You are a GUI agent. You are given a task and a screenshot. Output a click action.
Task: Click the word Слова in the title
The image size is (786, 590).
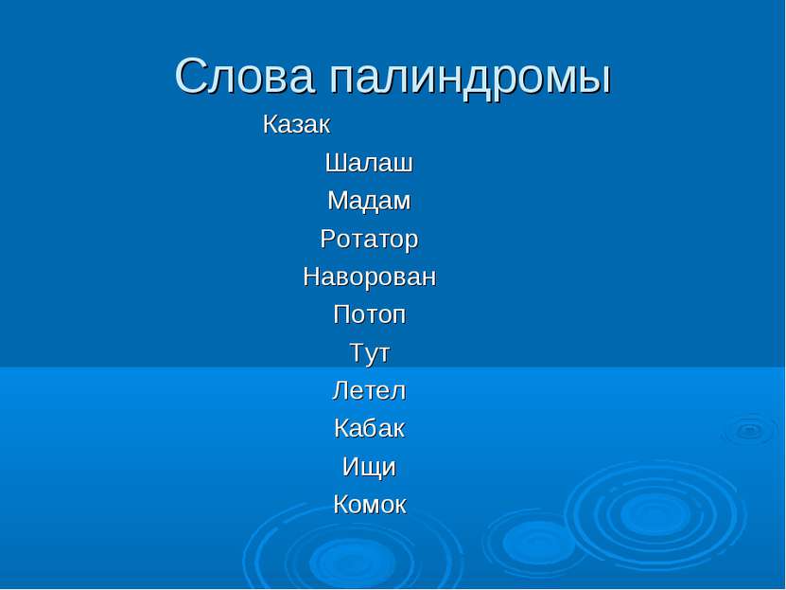point(245,77)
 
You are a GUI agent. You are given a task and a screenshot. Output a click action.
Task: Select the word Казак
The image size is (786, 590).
point(296,124)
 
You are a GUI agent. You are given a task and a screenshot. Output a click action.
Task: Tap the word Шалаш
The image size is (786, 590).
point(369,163)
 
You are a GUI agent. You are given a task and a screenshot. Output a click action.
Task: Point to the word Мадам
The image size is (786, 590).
point(369,202)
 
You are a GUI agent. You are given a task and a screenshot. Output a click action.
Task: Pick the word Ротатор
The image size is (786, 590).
point(369,240)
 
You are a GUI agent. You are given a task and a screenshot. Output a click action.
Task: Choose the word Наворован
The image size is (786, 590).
point(370,277)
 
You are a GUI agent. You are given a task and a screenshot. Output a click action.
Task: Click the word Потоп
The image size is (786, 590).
point(370,314)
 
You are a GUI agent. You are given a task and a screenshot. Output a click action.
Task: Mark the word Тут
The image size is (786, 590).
point(370,353)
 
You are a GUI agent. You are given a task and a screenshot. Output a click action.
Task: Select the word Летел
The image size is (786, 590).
point(369,391)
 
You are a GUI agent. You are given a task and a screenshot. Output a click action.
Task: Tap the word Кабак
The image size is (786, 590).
point(369,429)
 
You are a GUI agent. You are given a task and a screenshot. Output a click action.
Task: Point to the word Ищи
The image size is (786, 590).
point(369,468)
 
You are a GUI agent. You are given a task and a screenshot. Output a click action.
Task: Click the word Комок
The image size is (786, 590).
point(370,505)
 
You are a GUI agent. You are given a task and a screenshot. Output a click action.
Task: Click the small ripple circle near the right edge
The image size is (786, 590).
point(750,430)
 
